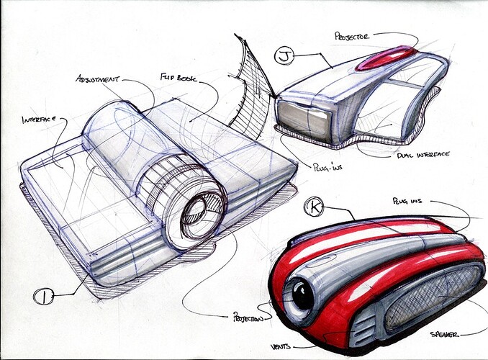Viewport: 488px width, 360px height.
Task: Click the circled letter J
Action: [284, 56]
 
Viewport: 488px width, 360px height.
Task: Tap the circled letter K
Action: [315, 207]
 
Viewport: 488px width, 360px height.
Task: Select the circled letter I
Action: [44, 297]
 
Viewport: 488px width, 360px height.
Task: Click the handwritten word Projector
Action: [352, 36]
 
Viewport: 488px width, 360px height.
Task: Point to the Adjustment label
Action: [98, 78]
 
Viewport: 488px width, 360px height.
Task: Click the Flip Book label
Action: [179, 77]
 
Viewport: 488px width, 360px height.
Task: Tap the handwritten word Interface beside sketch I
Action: [39, 120]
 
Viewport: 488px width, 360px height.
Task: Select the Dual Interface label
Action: [423, 155]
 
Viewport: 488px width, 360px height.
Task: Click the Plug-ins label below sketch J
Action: [327, 166]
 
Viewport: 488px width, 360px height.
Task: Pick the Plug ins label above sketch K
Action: [407, 201]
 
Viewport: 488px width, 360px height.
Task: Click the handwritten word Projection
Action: [248, 318]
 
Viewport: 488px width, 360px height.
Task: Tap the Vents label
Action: [281, 346]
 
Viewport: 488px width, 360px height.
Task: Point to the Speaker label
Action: [444, 335]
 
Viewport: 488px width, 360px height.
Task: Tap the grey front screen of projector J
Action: [304, 119]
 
